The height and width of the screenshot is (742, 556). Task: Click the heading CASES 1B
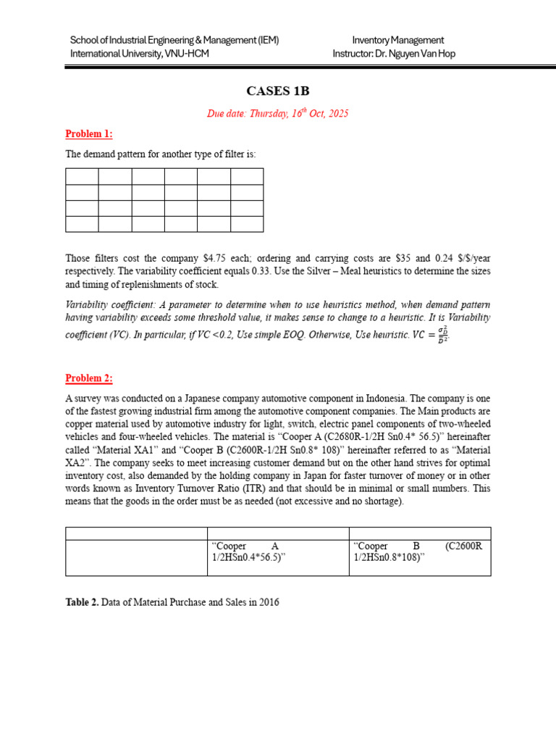click(x=277, y=91)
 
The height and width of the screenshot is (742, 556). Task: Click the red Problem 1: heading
click(x=89, y=133)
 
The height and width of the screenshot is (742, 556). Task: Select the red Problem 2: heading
click(x=89, y=378)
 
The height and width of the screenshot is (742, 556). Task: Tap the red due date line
click(x=277, y=114)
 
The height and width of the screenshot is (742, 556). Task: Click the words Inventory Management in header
click(x=397, y=40)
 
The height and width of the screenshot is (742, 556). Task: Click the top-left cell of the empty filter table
click(x=82, y=176)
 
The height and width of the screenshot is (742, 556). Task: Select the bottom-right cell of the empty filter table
click(x=247, y=224)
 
